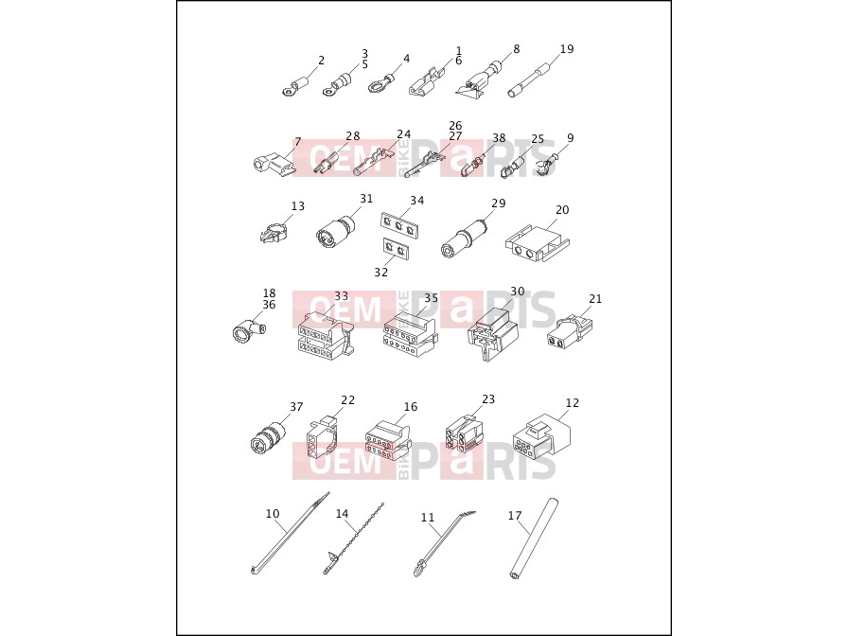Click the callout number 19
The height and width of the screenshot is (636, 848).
566,49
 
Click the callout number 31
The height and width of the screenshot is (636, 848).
366,199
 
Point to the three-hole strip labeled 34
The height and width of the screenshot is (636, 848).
399,225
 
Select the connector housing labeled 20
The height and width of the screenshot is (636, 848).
538,243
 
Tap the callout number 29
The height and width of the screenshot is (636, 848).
498,203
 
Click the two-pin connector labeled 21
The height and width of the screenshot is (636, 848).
569,331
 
